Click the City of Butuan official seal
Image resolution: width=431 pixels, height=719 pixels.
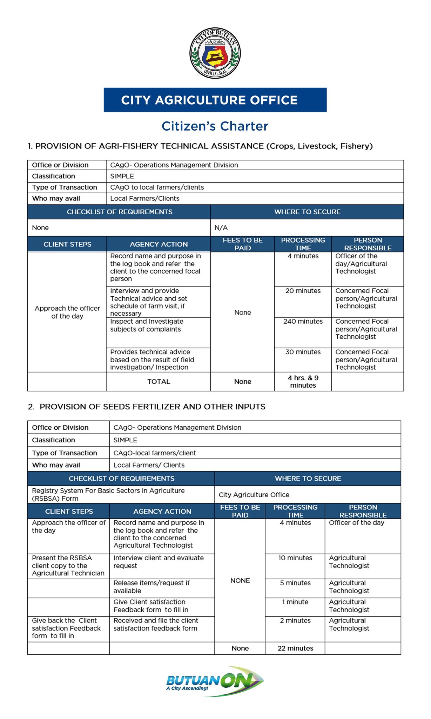pos(215,53)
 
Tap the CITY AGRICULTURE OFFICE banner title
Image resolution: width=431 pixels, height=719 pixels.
pos(209,100)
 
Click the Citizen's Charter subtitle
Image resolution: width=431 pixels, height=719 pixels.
pos(215,126)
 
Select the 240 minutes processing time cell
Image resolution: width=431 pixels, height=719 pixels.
pos(303,322)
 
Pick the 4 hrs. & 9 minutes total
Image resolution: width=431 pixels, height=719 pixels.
pos(303,382)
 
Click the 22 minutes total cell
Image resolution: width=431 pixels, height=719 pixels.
pos(295,648)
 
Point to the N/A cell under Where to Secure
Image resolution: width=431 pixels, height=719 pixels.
pos(221,228)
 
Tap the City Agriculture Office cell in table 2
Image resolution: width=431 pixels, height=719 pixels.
pos(254,495)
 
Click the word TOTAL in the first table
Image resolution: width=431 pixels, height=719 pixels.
pos(159,382)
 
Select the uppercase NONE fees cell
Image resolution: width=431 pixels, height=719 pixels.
pos(240,581)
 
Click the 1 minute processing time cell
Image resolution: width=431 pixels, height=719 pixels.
pos(295,602)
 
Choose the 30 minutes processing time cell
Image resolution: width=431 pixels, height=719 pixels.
pos(303,352)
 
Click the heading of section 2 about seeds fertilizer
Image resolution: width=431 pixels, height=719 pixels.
pos(147,407)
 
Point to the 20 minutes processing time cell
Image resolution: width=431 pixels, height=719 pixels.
pos(303,291)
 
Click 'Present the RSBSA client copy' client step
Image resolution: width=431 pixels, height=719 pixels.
pos(68,566)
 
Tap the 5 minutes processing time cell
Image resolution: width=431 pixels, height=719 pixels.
pos(295,583)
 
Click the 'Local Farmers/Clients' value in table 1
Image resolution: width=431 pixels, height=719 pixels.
pos(145,199)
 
